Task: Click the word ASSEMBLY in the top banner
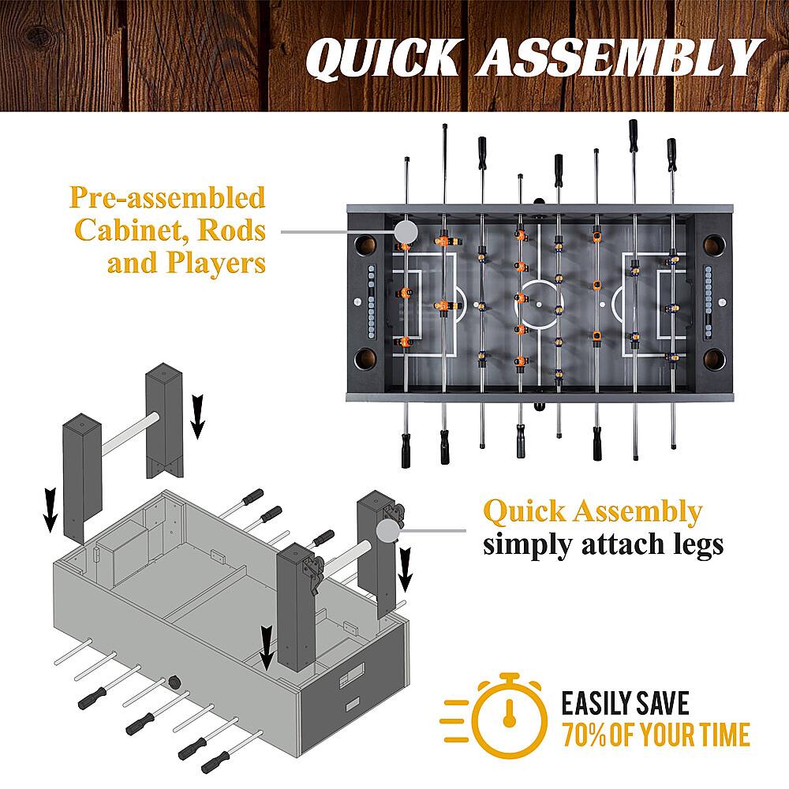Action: pos(616,58)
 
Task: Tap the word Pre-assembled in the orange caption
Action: pos(167,197)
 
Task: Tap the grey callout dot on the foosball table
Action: pos(406,231)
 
